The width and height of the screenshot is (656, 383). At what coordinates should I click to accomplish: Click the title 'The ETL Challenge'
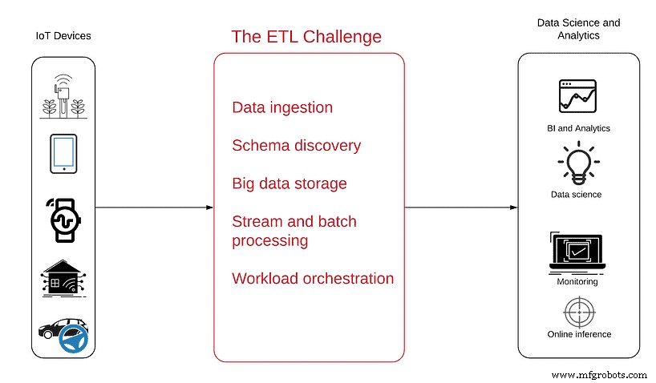pos(306,37)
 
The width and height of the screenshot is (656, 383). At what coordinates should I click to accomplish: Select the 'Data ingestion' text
pos(281,107)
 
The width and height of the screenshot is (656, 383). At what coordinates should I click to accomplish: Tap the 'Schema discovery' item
pos(296,146)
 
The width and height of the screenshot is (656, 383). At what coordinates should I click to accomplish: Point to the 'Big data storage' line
pos(289,183)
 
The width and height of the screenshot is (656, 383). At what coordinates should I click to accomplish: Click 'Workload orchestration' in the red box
pos(313,279)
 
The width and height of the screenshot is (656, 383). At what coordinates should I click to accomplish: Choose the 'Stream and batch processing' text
pos(294,231)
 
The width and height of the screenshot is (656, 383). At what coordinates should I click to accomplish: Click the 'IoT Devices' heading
pos(63,37)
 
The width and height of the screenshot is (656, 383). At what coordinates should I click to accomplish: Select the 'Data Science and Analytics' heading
pos(579,30)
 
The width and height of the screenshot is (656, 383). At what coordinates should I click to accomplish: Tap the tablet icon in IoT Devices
pos(63,153)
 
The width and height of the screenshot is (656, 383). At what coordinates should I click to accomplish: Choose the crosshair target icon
pos(577,311)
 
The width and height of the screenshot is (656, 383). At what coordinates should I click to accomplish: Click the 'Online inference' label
pos(579,334)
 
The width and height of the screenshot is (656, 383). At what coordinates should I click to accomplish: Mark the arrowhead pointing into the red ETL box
pos(209,208)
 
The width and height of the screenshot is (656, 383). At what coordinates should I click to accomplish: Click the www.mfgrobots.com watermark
pos(600,375)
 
